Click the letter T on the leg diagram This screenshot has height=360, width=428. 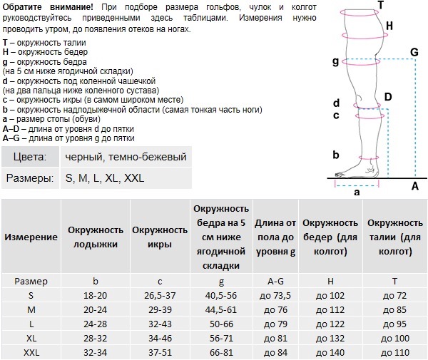(380, 5)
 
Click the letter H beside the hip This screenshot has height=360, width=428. (389, 26)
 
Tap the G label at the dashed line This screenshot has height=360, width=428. (414, 52)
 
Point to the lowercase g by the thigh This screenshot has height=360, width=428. (335, 62)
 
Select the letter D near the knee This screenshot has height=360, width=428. (387, 97)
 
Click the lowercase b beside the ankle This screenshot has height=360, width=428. (335, 154)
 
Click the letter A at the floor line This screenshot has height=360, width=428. (414, 186)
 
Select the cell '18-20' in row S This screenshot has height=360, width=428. (96, 294)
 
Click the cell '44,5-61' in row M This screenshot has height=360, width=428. (220, 310)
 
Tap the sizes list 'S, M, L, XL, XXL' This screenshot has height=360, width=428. (104, 178)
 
